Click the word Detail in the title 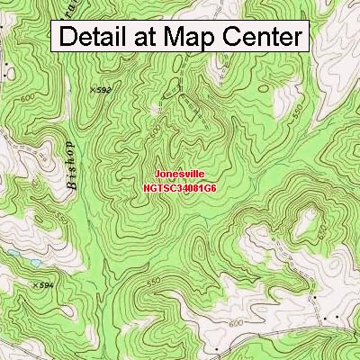(97, 38)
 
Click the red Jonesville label (180, 168)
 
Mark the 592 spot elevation (101, 90)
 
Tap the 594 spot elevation (44, 285)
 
